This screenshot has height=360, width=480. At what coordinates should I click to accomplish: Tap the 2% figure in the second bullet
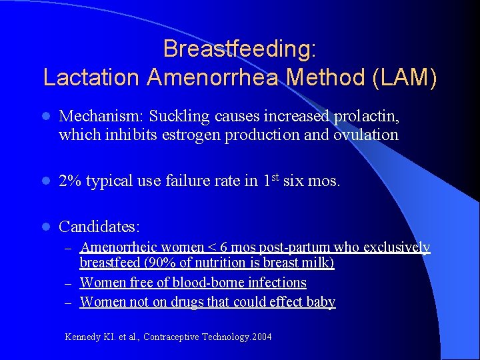[x=71, y=181]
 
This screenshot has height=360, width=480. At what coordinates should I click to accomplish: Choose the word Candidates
[x=100, y=227]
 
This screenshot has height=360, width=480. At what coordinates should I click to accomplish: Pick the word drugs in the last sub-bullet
[x=189, y=302]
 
